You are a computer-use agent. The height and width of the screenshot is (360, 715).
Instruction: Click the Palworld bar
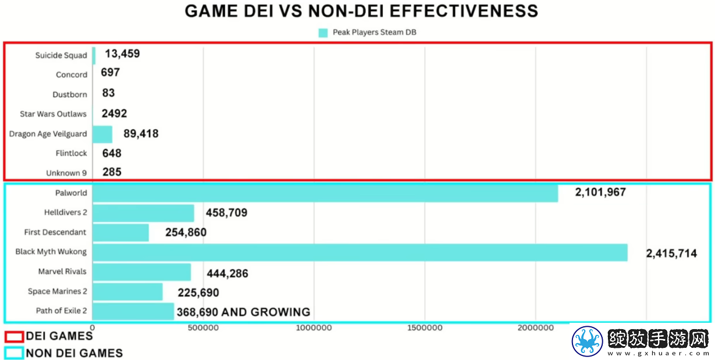(325, 193)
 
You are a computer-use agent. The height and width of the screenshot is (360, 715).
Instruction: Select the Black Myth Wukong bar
(360, 252)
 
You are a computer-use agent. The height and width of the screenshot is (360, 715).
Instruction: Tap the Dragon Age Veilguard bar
(102, 134)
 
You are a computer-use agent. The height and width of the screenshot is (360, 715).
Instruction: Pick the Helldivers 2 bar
(143, 213)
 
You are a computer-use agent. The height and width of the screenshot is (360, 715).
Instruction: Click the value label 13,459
(122, 54)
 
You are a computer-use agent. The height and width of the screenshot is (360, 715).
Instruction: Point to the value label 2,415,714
(671, 254)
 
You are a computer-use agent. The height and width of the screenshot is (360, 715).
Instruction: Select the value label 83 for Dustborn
(108, 93)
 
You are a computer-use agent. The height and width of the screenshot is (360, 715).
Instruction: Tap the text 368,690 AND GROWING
(244, 312)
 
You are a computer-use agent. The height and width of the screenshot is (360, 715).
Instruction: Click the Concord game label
(72, 74)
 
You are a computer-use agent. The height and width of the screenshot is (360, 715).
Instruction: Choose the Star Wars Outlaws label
(53, 114)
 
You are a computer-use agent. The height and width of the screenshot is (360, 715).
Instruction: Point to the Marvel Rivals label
(62, 271)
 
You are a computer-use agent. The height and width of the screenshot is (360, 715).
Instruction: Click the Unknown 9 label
(66, 173)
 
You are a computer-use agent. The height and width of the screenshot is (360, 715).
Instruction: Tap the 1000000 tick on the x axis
(314, 328)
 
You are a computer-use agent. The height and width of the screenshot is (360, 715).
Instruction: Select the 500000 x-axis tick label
(203, 328)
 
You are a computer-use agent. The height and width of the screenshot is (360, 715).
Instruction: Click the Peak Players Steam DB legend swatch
(323, 33)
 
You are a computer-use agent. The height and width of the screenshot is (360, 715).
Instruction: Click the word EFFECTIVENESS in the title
(464, 11)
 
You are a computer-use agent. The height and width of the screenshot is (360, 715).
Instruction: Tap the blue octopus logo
(588, 341)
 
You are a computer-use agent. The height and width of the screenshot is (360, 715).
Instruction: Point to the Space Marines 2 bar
(127, 292)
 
